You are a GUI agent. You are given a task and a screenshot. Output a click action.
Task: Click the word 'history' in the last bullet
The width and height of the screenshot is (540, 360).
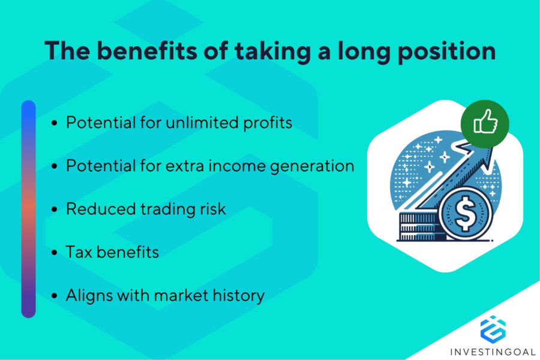235,295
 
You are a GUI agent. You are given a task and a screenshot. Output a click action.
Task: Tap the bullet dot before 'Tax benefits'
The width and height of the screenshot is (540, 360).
55,253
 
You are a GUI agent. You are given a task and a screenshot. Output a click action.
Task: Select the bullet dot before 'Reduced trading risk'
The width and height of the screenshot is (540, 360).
55,209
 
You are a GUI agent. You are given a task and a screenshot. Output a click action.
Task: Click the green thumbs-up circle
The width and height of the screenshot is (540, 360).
484,124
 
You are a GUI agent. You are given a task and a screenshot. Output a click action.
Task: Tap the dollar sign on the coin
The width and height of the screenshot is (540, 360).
464,215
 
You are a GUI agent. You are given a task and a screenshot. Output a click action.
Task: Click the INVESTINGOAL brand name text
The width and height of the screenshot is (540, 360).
493,350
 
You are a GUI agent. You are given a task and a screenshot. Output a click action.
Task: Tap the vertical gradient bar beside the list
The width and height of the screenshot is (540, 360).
28,209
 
